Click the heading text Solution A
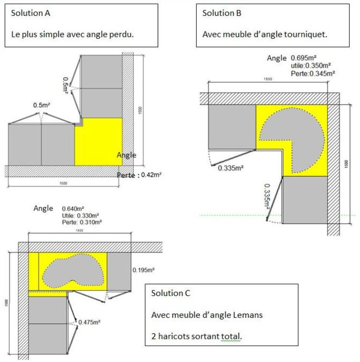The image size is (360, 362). point(30,13)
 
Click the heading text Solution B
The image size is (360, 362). point(222,13)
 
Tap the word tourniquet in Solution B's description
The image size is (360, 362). point(309,34)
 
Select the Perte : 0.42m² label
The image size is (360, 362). point(139,175)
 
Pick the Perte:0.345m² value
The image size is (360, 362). point(313,73)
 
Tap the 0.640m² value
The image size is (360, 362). point(73,209)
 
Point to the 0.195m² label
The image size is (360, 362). point(143,271)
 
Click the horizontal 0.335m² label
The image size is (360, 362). point(231,168)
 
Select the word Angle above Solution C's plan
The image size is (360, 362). point(44,208)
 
